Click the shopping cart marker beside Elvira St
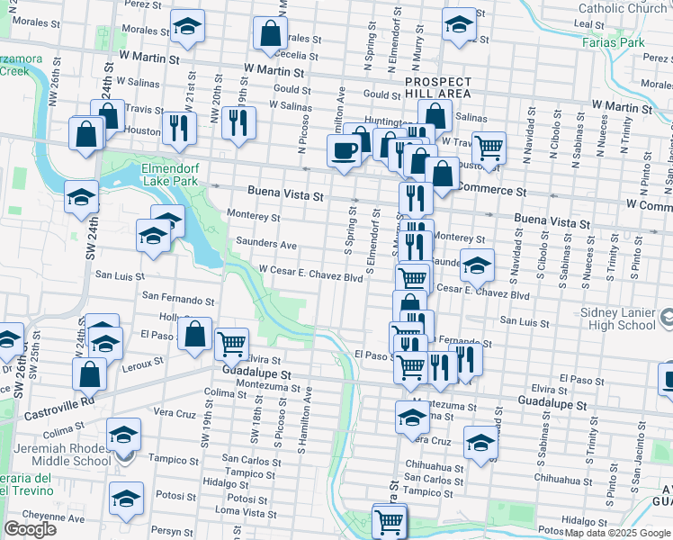coord(232,342)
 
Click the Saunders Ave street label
coord(265,244)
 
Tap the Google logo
coord(30,529)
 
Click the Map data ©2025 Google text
coord(617,534)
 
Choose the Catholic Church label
coord(631,9)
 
